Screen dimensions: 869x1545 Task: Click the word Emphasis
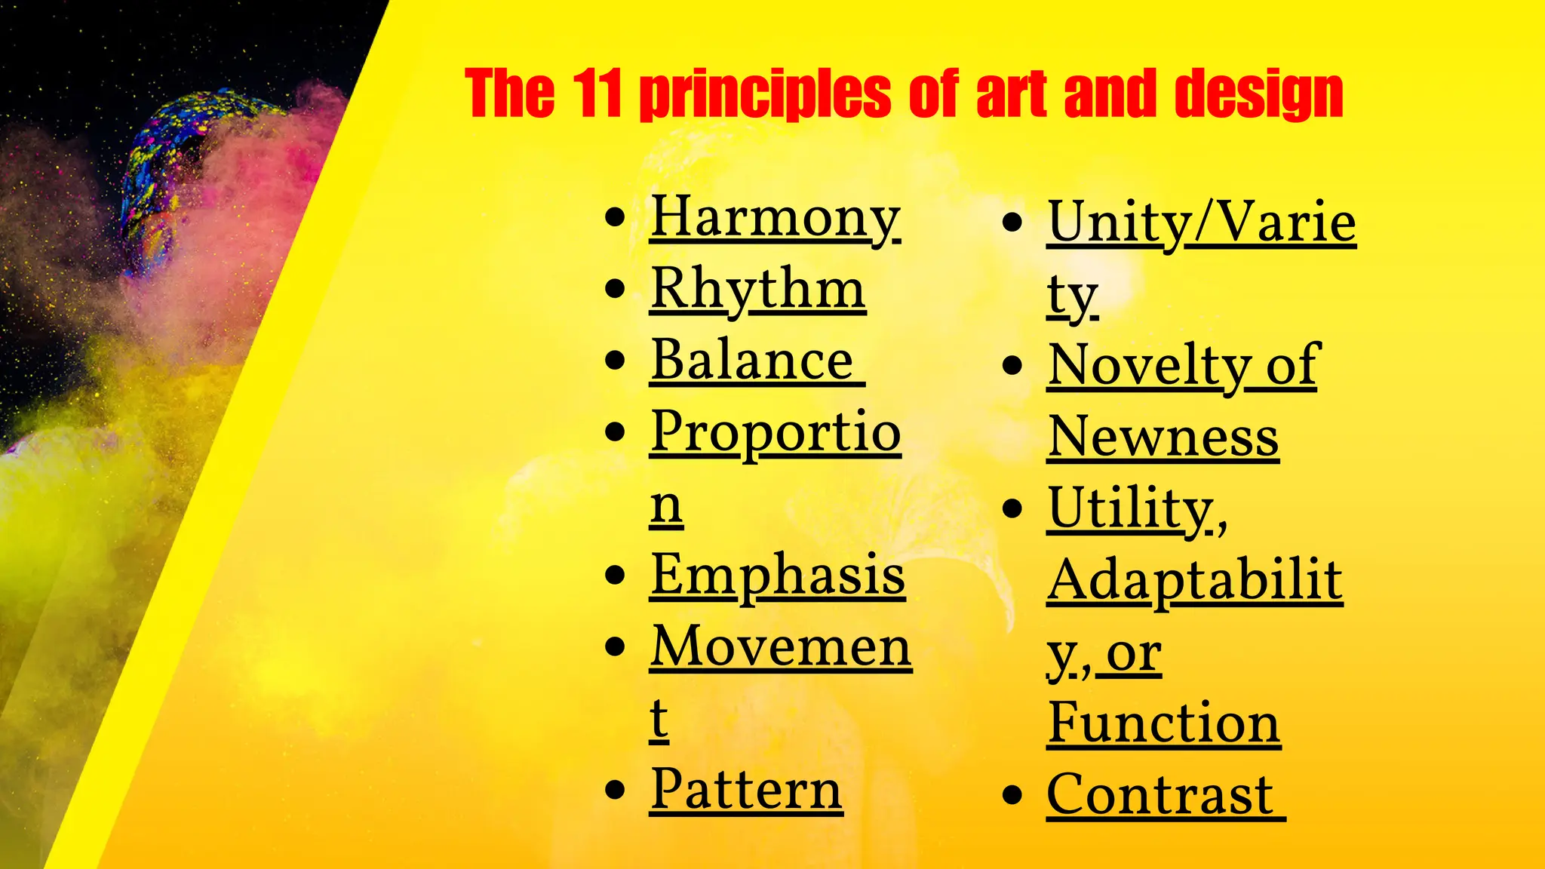[777, 575]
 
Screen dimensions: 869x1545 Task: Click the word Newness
[1163, 437]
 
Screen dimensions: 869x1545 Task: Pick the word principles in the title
[765, 94]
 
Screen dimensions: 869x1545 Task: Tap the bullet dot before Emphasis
[616, 576]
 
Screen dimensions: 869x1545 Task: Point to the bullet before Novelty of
[1012, 367]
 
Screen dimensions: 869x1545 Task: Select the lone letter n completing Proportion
[666, 505]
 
